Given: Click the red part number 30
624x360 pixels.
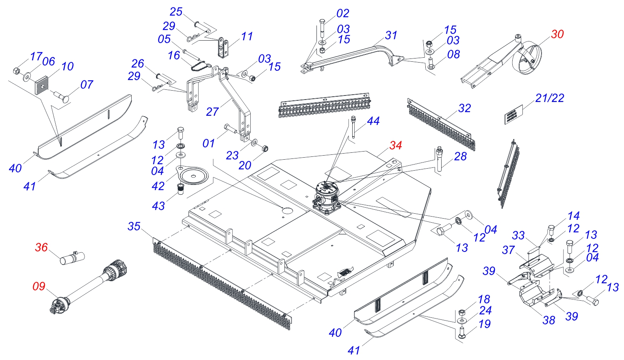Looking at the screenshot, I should click(557, 35).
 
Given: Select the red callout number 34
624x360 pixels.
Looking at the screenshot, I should click(396, 145).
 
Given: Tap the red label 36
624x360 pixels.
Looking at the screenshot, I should click(41, 247).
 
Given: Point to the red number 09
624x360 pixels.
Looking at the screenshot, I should click(39, 286).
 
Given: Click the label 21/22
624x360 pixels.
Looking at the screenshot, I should click(550, 98).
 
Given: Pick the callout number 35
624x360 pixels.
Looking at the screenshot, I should click(134, 226).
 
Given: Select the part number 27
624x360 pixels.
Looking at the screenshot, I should click(212, 112).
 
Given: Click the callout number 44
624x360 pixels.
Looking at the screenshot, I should click(373, 121).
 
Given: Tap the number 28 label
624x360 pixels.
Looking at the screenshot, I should click(460, 156).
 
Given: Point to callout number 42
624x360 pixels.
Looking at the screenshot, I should click(158, 186).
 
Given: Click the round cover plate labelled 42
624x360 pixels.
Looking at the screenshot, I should click(193, 176).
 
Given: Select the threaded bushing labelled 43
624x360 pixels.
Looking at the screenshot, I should click(180, 189).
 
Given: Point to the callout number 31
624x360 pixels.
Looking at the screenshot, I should click(391, 35).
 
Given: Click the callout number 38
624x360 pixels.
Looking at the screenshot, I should click(549, 320).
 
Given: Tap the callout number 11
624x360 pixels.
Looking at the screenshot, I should click(247, 37).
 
